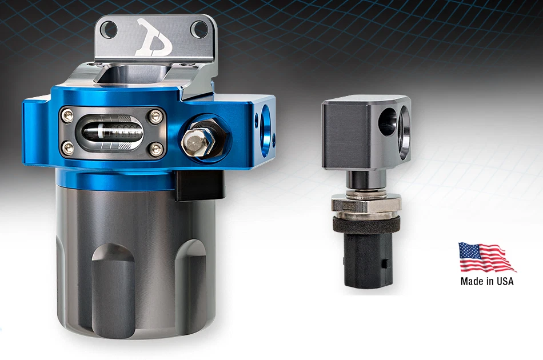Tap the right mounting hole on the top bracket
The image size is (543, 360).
coord(201,28)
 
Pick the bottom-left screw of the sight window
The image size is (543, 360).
coord(68,149)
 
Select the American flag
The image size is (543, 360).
coord(486,258)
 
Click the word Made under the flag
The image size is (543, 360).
coord(472,281)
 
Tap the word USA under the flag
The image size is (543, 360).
coord(504,281)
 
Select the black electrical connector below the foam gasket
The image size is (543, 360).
coord(366,260)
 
